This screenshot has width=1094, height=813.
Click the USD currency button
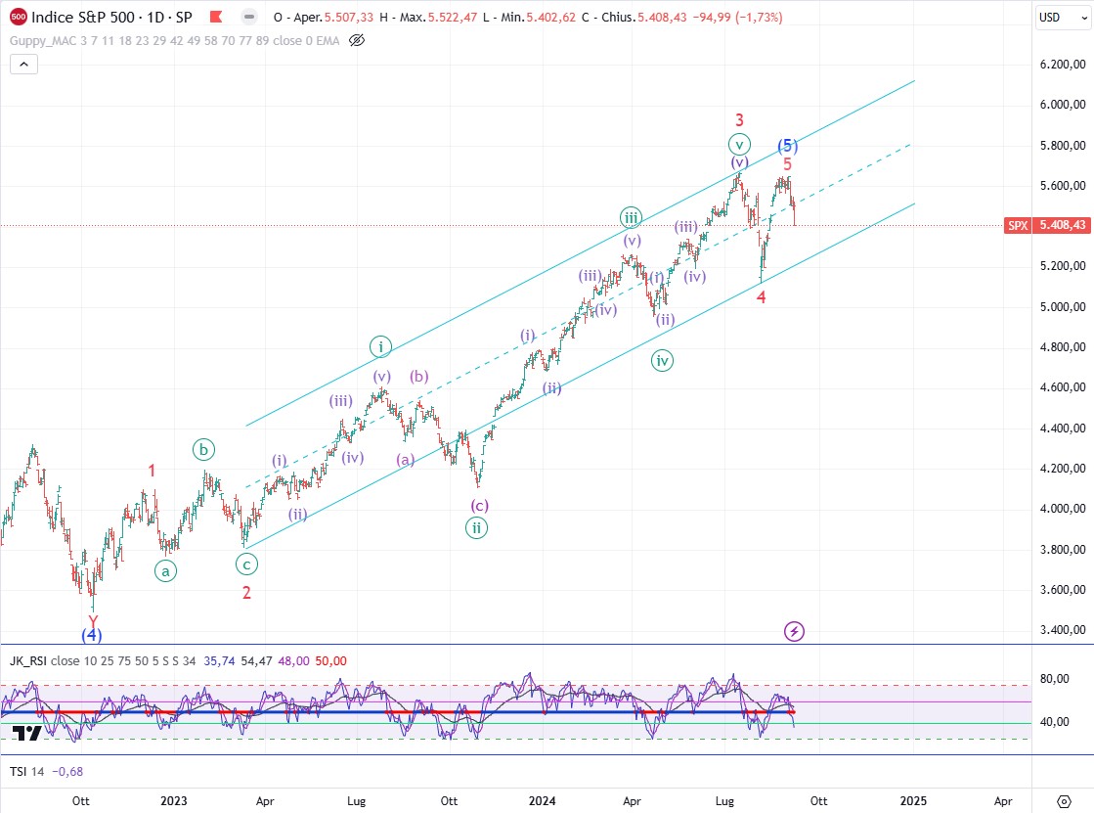click(x=1049, y=17)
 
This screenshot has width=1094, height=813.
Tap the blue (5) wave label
click(x=788, y=146)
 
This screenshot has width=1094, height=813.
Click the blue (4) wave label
click(x=91, y=635)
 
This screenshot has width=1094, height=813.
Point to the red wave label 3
click(x=740, y=120)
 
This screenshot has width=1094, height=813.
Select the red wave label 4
click(x=761, y=296)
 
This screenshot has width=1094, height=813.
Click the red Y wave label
click(x=93, y=620)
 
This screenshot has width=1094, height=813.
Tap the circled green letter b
click(x=203, y=450)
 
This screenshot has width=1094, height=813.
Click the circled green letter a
click(x=165, y=570)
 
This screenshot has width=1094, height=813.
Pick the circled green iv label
click(x=663, y=361)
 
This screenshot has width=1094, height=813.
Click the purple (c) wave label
click(x=479, y=506)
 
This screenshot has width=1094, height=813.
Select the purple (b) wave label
click(x=419, y=376)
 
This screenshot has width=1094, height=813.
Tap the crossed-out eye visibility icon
click(x=356, y=40)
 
